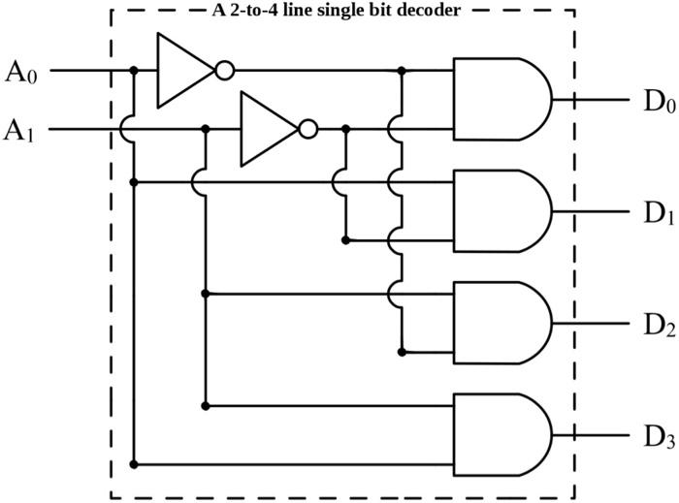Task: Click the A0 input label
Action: (x=22, y=72)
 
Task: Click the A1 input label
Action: (x=22, y=130)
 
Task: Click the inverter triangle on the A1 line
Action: (x=268, y=129)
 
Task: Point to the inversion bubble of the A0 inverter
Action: (x=224, y=71)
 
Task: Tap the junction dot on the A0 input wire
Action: (x=134, y=71)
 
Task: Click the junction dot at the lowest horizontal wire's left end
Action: (x=134, y=464)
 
